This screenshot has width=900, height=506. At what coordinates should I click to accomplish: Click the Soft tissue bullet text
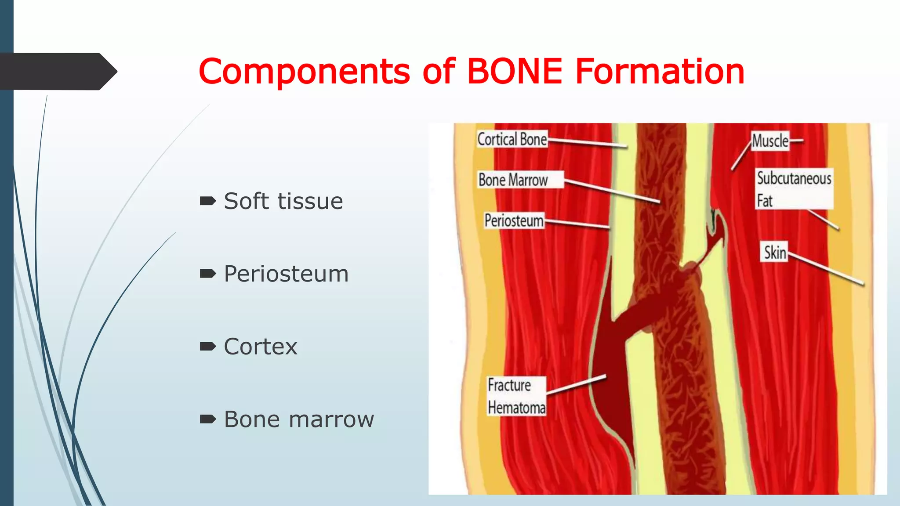(283, 201)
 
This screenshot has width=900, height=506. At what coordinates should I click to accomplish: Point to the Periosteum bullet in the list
(286, 274)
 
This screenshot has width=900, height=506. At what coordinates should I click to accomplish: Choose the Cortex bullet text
(260, 347)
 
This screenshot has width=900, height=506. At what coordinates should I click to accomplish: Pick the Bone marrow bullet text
(299, 419)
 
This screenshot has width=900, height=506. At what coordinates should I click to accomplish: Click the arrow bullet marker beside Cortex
(207, 347)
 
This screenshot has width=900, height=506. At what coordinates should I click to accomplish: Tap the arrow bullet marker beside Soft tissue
(207, 201)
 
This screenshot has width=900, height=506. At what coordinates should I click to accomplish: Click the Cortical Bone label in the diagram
(512, 139)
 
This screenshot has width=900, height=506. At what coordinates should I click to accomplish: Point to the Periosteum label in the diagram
(514, 220)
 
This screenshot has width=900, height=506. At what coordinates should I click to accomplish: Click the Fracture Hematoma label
(516, 396)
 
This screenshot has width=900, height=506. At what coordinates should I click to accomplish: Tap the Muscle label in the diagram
(770, 141)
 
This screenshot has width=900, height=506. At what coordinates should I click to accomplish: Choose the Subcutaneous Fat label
(794, 189)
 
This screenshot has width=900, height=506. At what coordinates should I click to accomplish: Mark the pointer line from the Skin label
(826, 269)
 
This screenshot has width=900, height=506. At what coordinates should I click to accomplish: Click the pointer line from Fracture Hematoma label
(576, 385)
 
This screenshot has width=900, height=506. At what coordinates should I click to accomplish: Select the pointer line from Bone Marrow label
(612, 191)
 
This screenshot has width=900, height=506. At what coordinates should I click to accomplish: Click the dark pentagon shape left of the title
(57, 71)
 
